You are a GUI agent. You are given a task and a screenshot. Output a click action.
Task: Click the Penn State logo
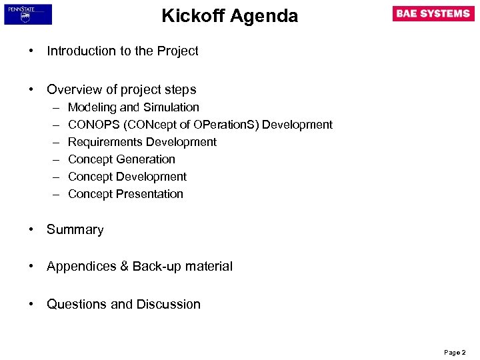[x=28, y=14]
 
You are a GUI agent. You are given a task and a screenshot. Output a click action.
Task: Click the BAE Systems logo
[x=433, y=14]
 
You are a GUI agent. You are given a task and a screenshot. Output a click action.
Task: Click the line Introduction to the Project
[x=123, y=51]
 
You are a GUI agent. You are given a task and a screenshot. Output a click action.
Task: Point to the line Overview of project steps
[x=121, y=89]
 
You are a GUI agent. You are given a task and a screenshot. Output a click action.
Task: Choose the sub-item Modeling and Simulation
[x=133, y=107]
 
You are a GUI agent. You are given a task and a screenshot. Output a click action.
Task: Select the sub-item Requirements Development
[x=142, y=142]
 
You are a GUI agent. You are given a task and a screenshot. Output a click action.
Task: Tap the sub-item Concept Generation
[x=121, y=159]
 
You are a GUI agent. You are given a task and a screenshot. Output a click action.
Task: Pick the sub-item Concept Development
[x=127, y=177]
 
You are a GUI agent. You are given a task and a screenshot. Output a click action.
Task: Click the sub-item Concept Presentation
[x=125, y=194]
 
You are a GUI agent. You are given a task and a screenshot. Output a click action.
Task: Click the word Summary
[x=75, y=230]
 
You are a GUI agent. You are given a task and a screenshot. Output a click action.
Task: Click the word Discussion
[x=169, y=305]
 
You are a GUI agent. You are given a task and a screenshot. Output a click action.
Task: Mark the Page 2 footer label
[x=455, y=351]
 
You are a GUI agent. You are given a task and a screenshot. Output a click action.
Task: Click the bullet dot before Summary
[x=31, y=229]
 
